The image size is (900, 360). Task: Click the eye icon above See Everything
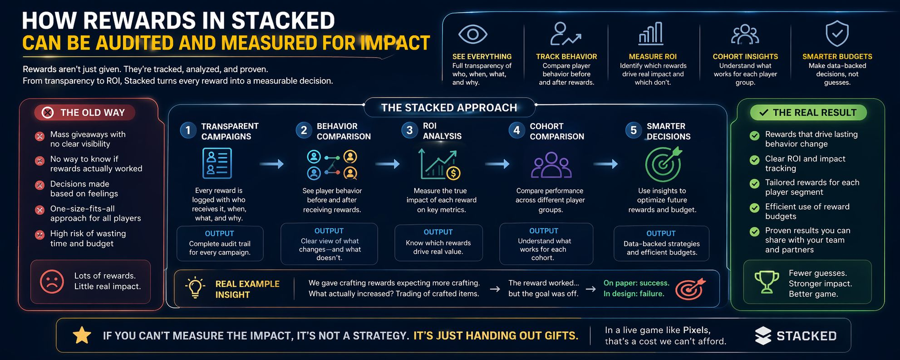(472, 34)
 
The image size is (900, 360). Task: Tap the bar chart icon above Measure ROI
(651, 34)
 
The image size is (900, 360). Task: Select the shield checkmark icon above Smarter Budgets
(837, 34)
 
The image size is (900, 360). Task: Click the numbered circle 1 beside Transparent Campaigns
(188, 131)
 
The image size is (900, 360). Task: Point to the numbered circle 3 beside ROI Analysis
(409, 131)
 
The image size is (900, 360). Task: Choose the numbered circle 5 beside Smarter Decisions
(634, 131)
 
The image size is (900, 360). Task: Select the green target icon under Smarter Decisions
(664, 164)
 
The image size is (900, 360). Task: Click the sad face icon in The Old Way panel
(52, 281)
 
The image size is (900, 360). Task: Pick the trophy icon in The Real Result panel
(767, 282)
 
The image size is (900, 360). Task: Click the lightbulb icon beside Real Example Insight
(195, 287)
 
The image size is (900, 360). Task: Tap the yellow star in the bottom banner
(82, 335)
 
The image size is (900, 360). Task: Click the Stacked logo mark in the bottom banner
(763, 336)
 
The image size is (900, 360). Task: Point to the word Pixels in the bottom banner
(696, 330)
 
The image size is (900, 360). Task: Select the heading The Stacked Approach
(449, 108)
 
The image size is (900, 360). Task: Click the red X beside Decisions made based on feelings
(40, 185)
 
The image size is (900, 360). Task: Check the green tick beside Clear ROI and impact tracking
(754, 160)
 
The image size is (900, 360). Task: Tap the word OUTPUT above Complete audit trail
(219, 233)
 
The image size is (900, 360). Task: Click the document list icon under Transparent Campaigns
(216, 164)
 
